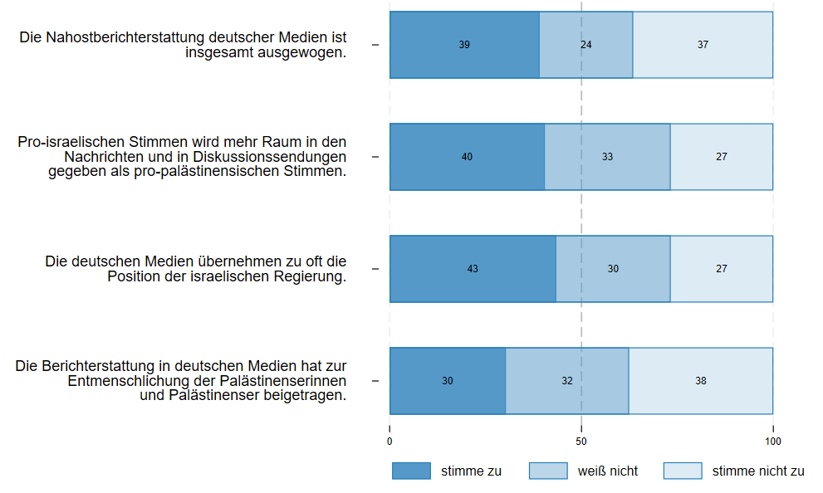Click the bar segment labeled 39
[x=464, y=45]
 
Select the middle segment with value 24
[x=586, y=45]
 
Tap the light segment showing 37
[x=703, y=45]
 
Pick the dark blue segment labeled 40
[x=467, y=157]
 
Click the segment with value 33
[x=607, y=157]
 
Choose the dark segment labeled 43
[x=473, y=269]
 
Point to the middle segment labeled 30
[x=613, y=269]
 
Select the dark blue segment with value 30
[x=448, y=381]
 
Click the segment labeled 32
[x=567, y=381]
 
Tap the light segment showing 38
[x=701, y=381]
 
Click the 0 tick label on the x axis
[x=389, y=441]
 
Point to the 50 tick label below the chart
[x=581, y=441]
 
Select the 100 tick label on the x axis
[x=773, y=441]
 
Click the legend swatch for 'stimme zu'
[x=412, y=471]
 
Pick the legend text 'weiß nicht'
[x=608, y=471]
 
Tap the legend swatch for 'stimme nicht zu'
[x=683, y=471]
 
